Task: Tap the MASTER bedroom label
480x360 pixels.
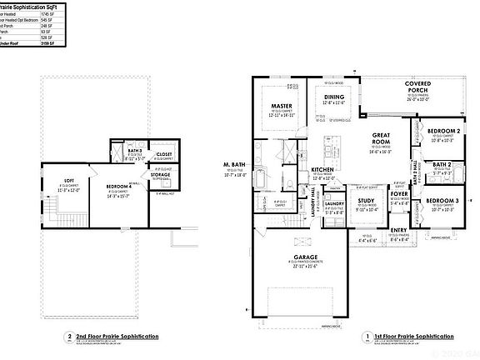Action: [279, 107]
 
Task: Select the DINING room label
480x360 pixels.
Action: [333, 97]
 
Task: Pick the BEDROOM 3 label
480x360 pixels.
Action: [442, 202]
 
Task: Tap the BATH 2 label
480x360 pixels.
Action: [442, 165]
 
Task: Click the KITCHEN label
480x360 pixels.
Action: [322, 169]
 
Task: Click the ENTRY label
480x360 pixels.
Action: [399, 230]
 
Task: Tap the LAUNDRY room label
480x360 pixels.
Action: [335, 203]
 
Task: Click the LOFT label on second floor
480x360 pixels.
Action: [69, 181]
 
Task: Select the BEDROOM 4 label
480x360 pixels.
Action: [122, 186]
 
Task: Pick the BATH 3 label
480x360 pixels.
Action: [134, 151]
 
